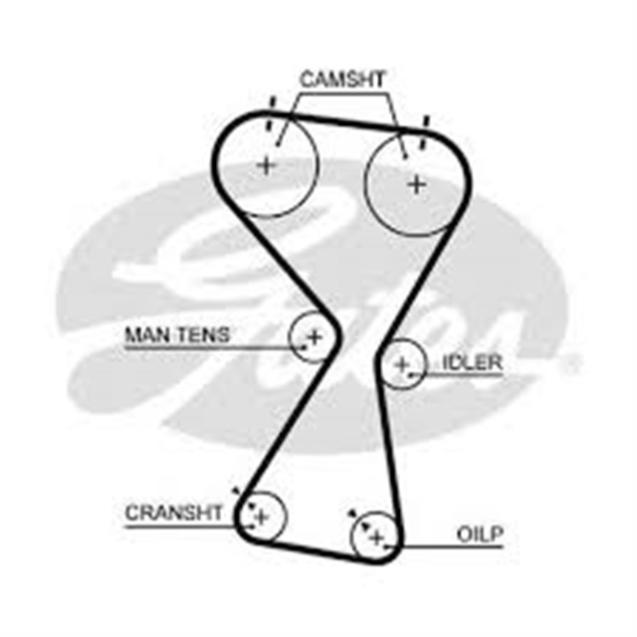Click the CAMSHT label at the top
coord(342,80)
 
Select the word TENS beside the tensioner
coord(203,335)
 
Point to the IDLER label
coord(472,362)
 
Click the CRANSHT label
coord(174,513)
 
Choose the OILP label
coord(480,534)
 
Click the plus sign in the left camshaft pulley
coord(267,165)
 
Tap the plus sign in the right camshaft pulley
coord(416,185)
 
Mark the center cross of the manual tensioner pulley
coord(315,337)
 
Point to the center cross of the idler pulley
coord(402,364)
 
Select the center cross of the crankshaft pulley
coord(262,518)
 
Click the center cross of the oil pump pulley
coord(376,538)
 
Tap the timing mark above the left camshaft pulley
coord(271,112)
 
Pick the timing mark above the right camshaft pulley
coord(424,132)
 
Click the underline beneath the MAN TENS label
coord(215,348)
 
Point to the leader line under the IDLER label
coord(455,374)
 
